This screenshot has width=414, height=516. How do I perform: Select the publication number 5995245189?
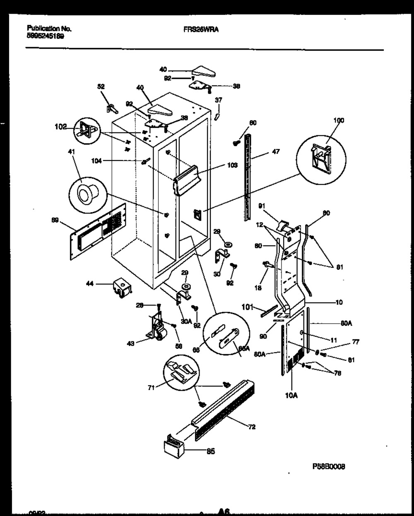click(46, 36)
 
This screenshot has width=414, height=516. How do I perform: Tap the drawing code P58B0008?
click(329, 466)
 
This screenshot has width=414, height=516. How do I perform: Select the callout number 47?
click(276, 152)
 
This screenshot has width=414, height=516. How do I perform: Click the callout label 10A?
click(291, 395)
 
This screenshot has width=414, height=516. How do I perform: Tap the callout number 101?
click(247, 307)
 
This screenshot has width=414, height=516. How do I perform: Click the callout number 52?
click(101, 87)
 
